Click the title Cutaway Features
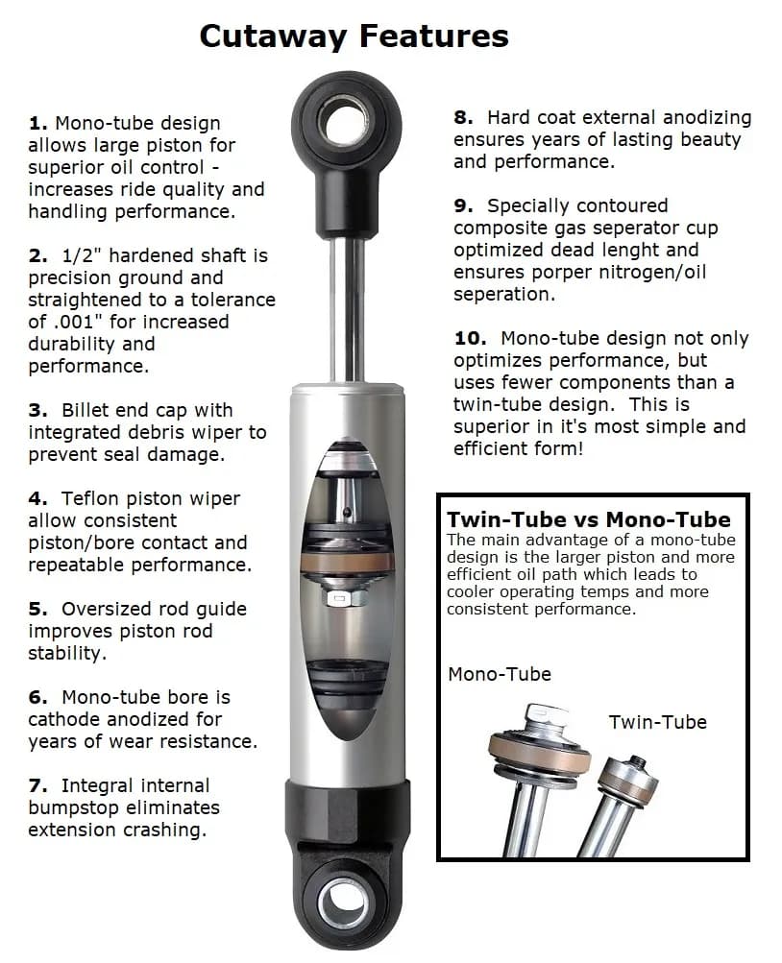pyautogui.click(x=354, y=36)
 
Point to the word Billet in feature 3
pyautogui.click(x=92, y=411)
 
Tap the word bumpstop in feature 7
pyautogui.click(x=68, y=808)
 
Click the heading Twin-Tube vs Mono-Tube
pyautogui.click(x=588, y=520)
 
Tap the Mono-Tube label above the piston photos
pyautogui.click(x=500, y=675)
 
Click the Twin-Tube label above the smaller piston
pyautogui.click(x=657, y=722)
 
